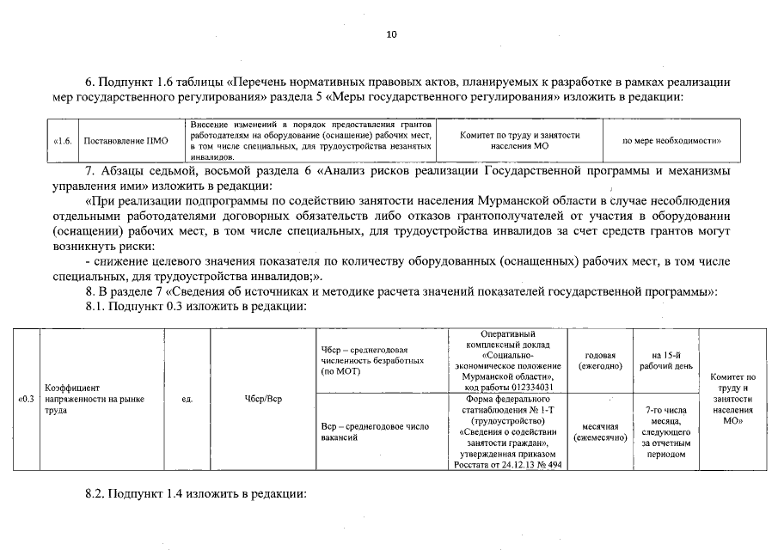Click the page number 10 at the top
pyautogui.click(x=392, y=35)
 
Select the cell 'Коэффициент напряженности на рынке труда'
pyautogui.click(x=95, y=399)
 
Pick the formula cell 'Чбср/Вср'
pyautogui.click(x=263, y=399)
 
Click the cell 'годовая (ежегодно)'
pyautogui.click(x=600, y=360)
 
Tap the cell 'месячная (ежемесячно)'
pyautogui.click(x=600, y=431)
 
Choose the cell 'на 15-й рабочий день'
pyautogui.click(x=666, y=360)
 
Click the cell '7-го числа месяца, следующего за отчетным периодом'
pyautogui.click(x=665, y=431)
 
